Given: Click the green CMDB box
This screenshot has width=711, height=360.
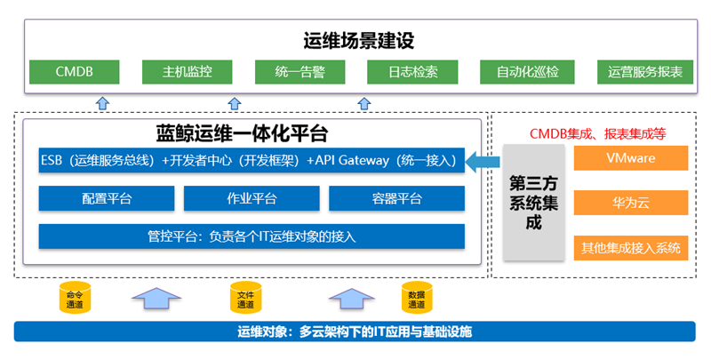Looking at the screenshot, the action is pos(75,72).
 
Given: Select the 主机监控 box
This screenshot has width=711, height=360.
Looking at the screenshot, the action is pos(188,72).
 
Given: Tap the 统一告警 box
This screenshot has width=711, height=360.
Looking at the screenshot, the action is pos(300,72).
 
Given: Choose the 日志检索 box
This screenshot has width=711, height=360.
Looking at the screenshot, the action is pos(412,72).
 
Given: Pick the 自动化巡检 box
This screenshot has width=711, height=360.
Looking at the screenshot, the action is pos(527,72).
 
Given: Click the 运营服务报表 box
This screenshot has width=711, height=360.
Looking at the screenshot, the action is pos(645,72).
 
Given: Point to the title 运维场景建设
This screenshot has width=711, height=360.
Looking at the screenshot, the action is pos(359,40).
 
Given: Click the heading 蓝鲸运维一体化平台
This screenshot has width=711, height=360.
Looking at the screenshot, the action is pos(242,133).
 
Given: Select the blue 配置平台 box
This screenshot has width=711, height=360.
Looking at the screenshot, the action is pos(107,198).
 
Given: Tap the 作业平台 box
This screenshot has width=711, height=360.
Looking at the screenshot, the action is pos(252,198).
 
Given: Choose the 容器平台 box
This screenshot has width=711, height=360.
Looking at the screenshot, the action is pos(396,198).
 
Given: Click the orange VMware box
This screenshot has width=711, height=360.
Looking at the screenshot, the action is pos(631,158).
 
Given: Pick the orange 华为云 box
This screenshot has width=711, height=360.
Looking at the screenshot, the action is pos(631,202).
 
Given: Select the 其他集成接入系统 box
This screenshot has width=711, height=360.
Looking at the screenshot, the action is pos(631,248).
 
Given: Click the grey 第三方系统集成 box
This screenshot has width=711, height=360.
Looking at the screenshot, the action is pos(534,202).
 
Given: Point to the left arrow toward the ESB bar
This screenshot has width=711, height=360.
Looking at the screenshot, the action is pos(483,162).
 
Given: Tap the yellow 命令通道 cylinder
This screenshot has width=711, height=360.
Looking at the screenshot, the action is pos(75,298).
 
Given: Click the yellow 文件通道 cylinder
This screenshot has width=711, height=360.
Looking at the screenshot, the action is pos(246,298).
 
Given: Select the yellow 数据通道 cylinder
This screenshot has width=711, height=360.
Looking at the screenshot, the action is pos(417,298).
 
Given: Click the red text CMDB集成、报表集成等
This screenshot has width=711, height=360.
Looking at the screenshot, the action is pos(597,133).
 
